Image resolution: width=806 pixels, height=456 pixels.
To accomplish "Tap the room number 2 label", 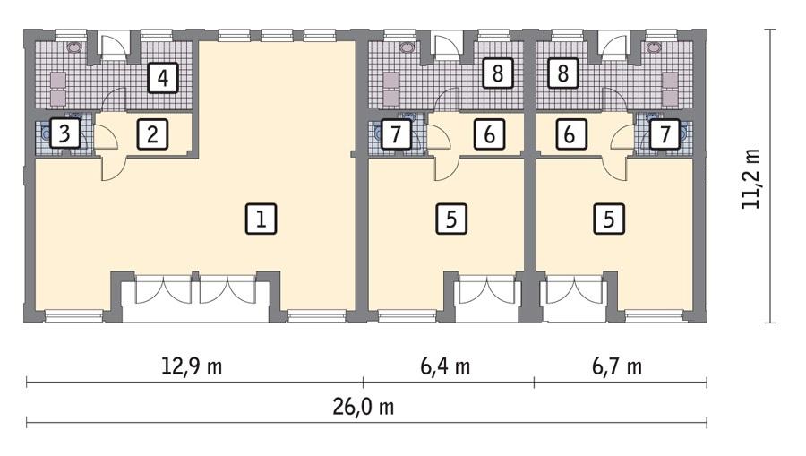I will tap(152, 135).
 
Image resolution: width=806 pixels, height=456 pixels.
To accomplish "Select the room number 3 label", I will tap(63, 135).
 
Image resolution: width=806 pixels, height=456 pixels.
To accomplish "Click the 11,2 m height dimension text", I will tap(750, 178).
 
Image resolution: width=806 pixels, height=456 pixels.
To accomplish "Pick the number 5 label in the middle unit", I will tap(451, 219).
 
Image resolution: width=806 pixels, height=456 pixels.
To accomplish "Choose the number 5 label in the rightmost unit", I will tap(609, 219).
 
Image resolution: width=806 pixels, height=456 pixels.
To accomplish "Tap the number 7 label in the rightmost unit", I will tap(664, 135).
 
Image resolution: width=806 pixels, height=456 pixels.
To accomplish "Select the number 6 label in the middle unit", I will tap(489, 135).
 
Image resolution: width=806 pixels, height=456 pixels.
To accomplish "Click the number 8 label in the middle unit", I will tap(497, 73).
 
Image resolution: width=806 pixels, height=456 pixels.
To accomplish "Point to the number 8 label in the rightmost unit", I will tap(562, 73).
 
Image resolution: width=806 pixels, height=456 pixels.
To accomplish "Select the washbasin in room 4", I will tap(74, 47).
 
